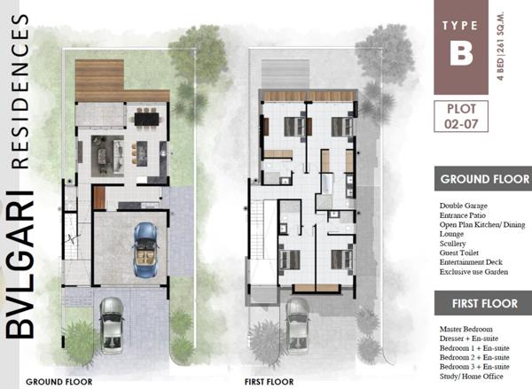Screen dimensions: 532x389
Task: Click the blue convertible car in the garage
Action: (x=146, y=249)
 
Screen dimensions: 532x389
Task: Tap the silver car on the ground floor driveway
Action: (x=112, y=326)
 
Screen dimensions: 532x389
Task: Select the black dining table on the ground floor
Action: (x=146, y=119)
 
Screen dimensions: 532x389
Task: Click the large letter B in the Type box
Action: (x=461, y=53)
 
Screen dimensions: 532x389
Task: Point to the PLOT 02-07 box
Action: (x=461, y=116)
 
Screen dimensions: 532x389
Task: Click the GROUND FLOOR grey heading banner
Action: (x=483, y=179)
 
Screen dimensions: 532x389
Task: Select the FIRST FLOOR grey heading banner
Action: (x=483, y=303)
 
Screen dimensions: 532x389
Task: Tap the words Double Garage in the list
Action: (x=464, y=206)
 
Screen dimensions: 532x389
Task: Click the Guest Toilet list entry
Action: (x=459, y=253)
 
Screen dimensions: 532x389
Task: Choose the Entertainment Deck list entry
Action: (x=471, y=262)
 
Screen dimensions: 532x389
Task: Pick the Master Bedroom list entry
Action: (x=465, y=329)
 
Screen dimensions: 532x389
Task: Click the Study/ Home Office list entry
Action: (x=472, y=376)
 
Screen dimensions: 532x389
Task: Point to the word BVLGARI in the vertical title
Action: (x=20, y=265)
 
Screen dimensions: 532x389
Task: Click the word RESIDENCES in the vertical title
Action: (x=20, y=91)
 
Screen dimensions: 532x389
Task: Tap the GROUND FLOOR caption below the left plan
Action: (x=59, y=382)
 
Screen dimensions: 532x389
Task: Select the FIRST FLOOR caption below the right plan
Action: (x=269, y=382)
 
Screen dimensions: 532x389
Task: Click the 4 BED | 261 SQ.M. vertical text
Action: (x=500, y=46)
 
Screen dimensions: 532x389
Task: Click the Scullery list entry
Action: (x=452, y=244)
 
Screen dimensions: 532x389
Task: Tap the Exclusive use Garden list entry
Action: (x=473, y=272)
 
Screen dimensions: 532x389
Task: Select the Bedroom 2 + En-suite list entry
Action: (x=474, y=357)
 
